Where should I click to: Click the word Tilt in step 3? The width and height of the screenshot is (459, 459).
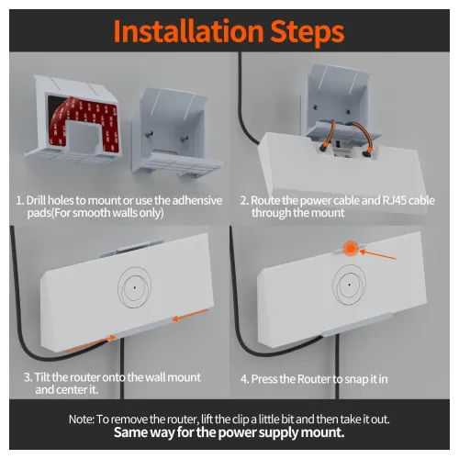pos(45,377)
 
